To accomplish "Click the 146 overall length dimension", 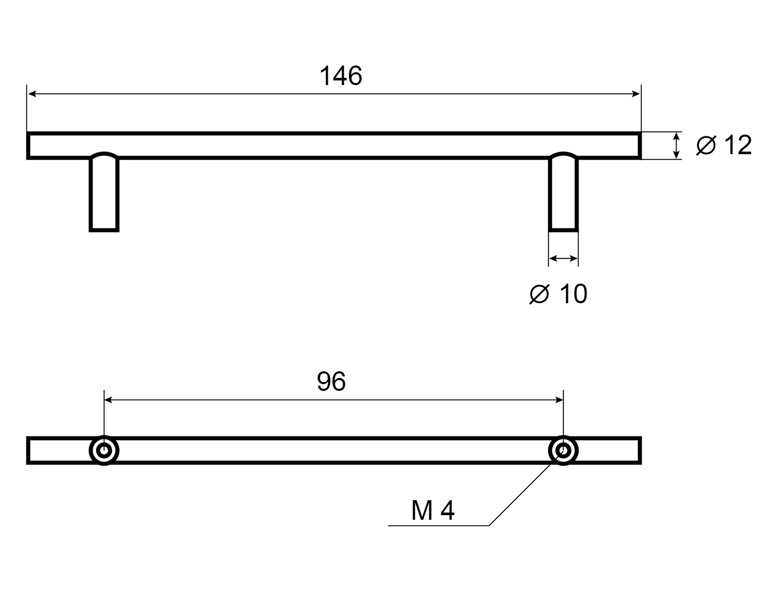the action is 341,76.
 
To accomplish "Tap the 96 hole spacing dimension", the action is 331,382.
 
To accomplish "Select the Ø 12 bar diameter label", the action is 724,145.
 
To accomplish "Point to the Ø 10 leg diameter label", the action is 558,294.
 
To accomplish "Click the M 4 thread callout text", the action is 432,511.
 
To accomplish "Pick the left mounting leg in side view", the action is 104,192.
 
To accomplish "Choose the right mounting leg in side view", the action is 563,192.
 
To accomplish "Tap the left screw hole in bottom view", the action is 104,451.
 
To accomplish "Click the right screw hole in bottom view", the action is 563,451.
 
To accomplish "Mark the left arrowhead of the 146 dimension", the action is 32,94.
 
